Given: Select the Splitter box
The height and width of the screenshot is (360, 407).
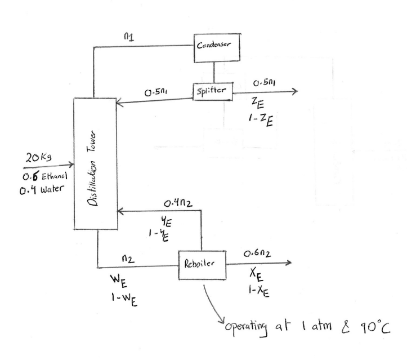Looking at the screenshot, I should (212, 91).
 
